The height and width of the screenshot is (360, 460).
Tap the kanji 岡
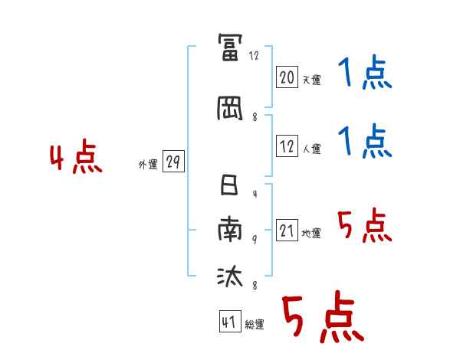pyautogui.click(x=230, y=109)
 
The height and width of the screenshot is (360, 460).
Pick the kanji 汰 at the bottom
pyautogui.click(x=230, y=276)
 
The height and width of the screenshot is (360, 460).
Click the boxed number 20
pyautogui.click(x=287, y=77)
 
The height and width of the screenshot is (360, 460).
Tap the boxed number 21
pyautogui.click(x=287, y=231)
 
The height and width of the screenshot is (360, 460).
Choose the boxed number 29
pyautogui.click(x=173, y=162)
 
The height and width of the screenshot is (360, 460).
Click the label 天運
pyautogui.click(x=311, y=79)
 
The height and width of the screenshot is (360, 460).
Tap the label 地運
pyautogui.click(x=311, y=233)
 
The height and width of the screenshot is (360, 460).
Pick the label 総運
pyautogui.click(x=254, y=325)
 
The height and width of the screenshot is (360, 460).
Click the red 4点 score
pyautogui.click(x=76, y=159)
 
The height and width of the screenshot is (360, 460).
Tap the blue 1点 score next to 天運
pyautogui.click(x=364, y=74)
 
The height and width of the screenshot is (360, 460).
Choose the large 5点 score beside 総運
pyautogui.click(x=321, y=318)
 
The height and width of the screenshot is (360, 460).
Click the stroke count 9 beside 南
pyautogui.click(x=255, y=239)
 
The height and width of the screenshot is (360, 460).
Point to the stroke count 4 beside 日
pyautogui.click(x=255, y=195)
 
